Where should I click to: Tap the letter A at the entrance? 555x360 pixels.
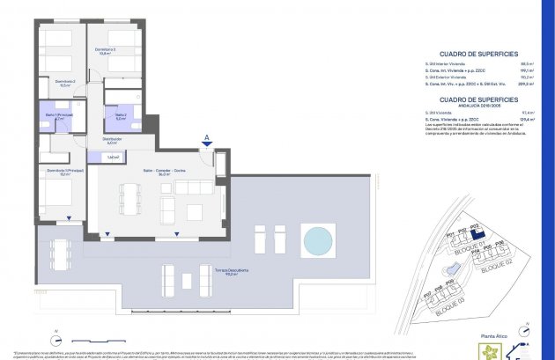point(206,137)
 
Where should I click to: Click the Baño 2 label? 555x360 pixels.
point(121,115)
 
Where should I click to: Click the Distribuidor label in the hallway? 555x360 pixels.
point(112,140)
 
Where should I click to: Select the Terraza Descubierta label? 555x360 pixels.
point(226,272)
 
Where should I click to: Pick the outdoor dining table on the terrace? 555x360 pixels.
point(61,253)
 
